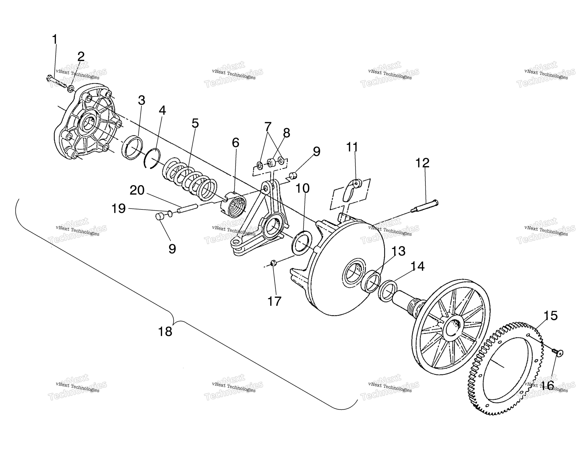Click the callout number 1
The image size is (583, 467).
55,39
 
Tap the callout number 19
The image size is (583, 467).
118,209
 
